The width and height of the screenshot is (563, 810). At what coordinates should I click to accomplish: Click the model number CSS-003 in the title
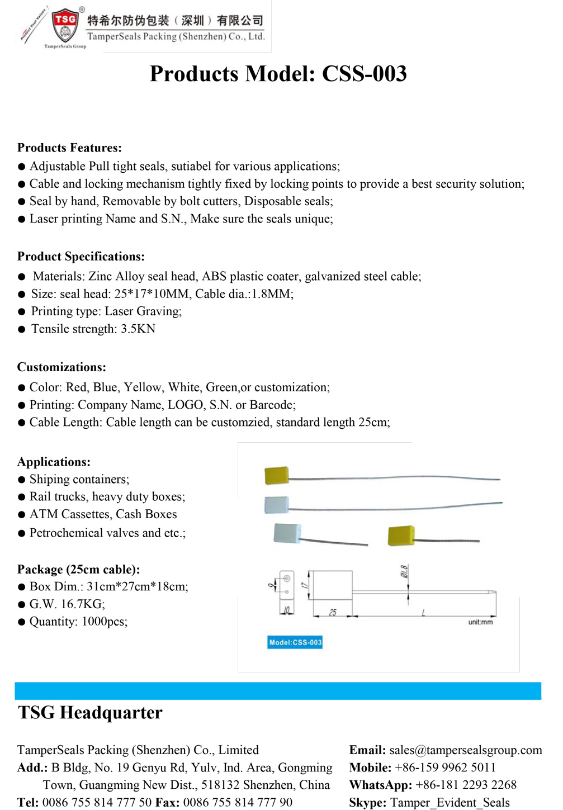click(x=364, y=74)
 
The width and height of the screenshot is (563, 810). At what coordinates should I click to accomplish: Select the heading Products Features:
click(x=69, y=148)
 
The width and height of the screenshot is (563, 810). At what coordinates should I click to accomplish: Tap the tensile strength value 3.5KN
click(x=138, y=329)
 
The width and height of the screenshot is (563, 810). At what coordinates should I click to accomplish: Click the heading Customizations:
click(x=61, y=367)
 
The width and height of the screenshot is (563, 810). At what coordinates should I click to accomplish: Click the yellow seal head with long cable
click(x=277, y=475)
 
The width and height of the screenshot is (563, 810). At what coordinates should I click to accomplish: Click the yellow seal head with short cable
click(x=401, y=536)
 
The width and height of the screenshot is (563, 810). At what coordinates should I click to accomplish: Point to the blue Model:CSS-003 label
click(x=295, y=642)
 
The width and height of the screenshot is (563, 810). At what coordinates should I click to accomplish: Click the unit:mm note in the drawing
click(x=480, y=622)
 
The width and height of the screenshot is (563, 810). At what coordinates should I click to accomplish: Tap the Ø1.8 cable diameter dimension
click(x=404, y=571)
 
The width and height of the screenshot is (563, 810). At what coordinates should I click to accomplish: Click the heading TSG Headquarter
click(x=90, y=713)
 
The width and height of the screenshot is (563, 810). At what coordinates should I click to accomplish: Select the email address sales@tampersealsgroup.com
click(x=465, y=750)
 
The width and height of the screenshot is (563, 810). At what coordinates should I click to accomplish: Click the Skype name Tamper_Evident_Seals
click(x=450, y=803)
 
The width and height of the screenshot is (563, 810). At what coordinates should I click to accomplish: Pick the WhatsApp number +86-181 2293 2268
click(x=466, y=785)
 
